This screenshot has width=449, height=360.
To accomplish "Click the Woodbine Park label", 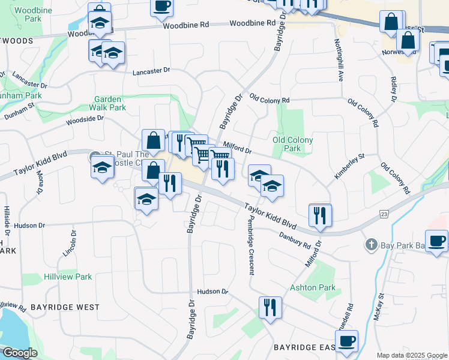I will (28, 15).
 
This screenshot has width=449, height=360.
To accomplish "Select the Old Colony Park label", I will (292, 144).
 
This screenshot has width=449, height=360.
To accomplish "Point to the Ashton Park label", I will (312, 287).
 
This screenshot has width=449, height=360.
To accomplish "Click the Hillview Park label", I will (68, 277).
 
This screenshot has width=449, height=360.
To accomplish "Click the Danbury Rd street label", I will (295, 239).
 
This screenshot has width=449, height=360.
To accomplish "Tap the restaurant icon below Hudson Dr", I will (270, 307).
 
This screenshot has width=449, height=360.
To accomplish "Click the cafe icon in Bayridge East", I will (346, 341).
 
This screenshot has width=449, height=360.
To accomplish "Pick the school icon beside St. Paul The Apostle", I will (103, 169).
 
